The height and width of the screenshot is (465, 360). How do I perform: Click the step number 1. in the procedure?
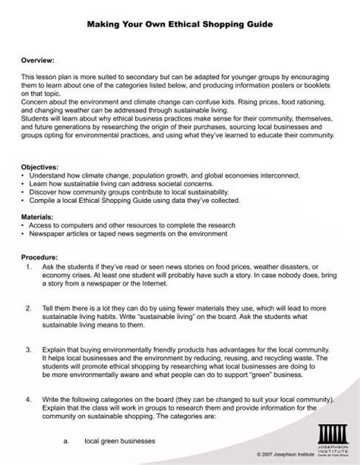pyautogui.click(x=28, y=268)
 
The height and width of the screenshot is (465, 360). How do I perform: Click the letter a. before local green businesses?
pyautogui.click(x=67, y=440)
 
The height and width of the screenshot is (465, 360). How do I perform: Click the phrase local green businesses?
pyautogui.click(x=120, y=440)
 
